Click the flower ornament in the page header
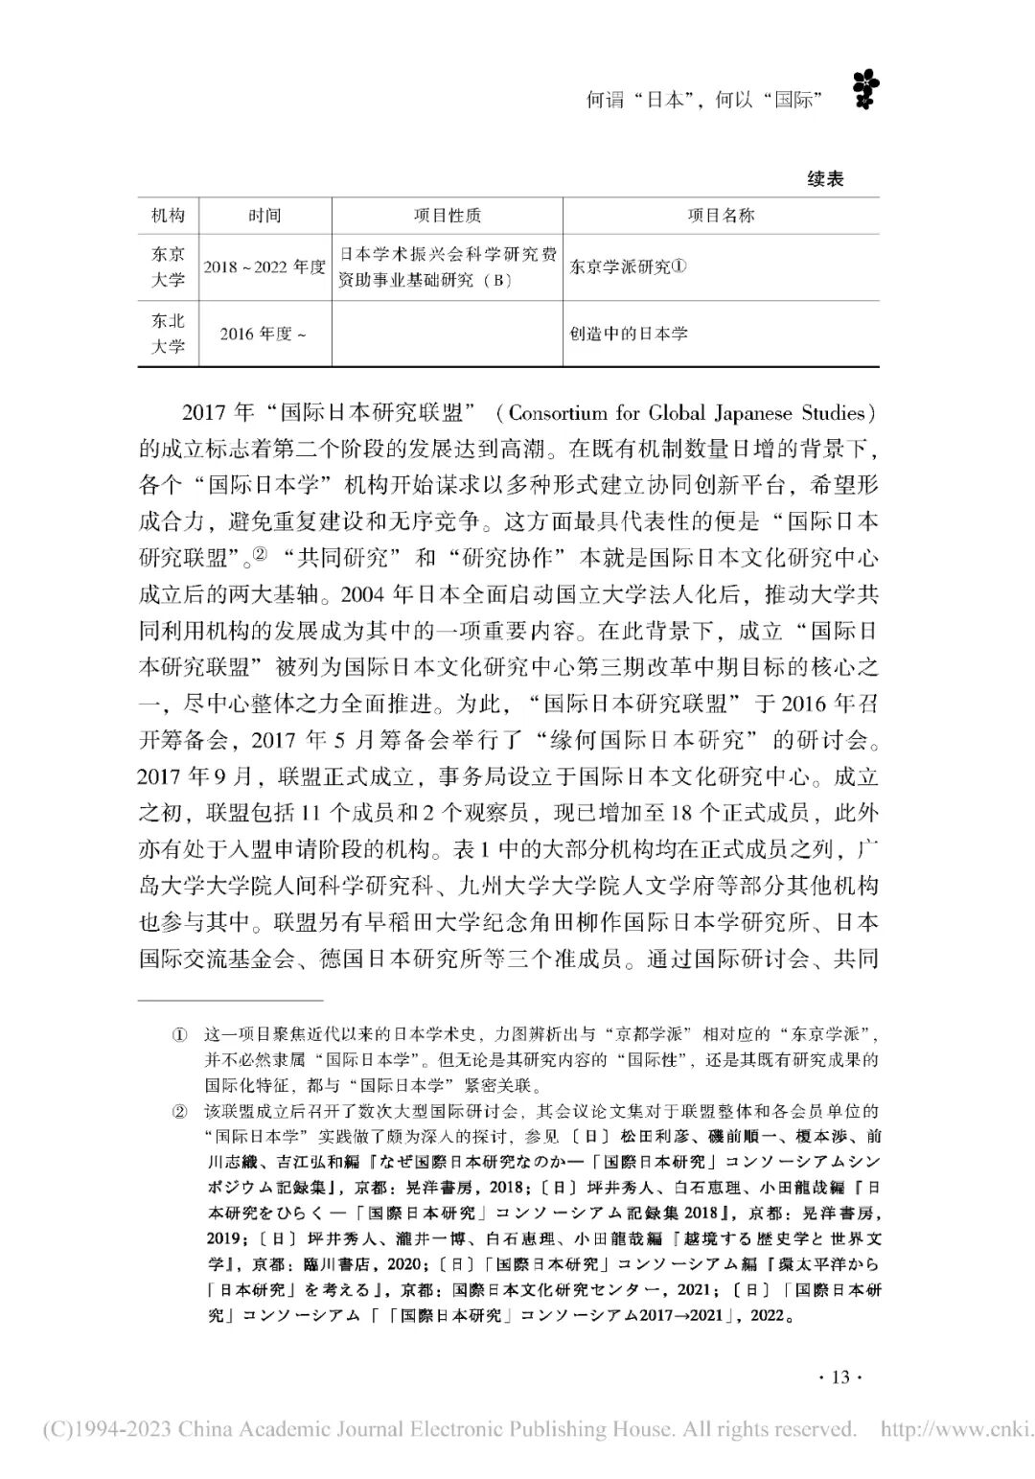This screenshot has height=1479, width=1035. [x=865, y=90]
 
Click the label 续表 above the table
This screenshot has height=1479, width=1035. [x=825, y=179]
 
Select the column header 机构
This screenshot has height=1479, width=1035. [x=168, y=216]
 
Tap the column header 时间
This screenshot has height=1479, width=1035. [x=264, y=216]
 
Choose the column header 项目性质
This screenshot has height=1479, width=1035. [x=448, y=216]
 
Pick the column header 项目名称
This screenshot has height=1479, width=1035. [x=721, y=216]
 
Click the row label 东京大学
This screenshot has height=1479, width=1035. [x=168, y=267]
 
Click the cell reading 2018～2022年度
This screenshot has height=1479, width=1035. [x=264, y=267]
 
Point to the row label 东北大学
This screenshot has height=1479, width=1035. [x=168, y=334]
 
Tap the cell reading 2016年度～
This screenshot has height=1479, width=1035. [x=264, y=335]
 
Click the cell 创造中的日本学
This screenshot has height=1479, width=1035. [x=629, y=335]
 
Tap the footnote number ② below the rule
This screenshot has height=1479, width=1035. [x=179, y=1112]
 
